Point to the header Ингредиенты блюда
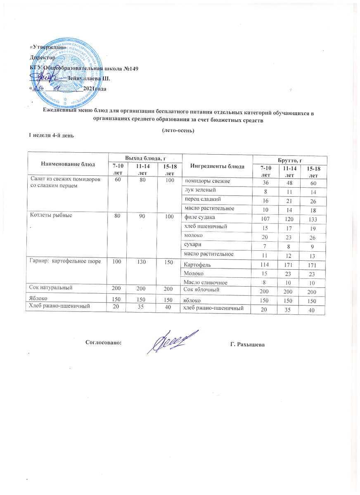(x=217, y=166)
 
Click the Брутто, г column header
(x=289, y=159)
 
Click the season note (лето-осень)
(x=178, y=130)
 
